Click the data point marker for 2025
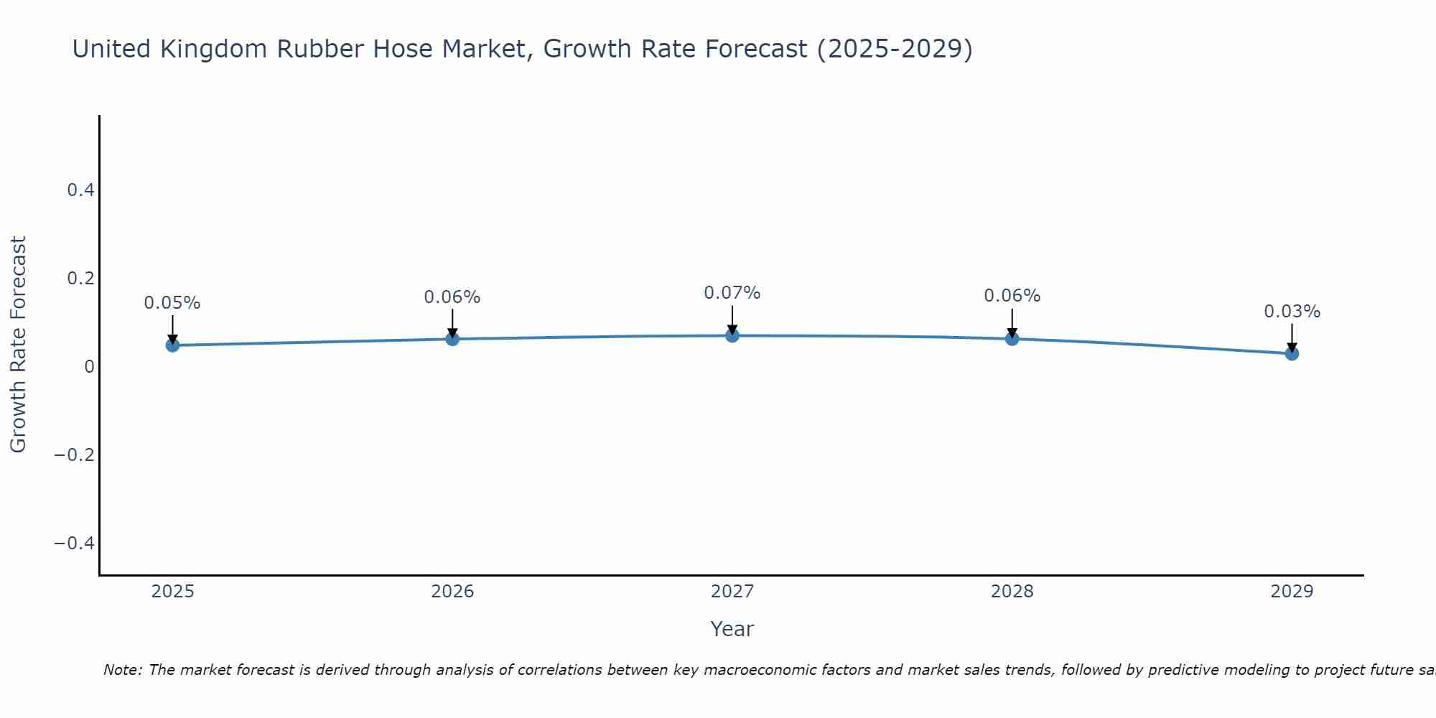[172, 345]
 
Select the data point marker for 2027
[732, 335]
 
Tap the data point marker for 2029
[1292, 353]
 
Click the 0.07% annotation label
[732, 293]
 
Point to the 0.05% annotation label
[172, 303]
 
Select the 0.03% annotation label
[1292, 312]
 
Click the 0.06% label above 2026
[452, 297]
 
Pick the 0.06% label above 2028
[1012, 296]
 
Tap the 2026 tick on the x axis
[452, 592]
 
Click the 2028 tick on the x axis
[1012, 592]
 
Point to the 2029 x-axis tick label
[1292, 592]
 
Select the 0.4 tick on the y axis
[80, 190]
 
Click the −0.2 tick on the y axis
[74, 455]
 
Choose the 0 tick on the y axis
[89, 367]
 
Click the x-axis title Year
[732, 630]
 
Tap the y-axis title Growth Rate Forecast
[18, 345]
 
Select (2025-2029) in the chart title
[895, 50]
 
